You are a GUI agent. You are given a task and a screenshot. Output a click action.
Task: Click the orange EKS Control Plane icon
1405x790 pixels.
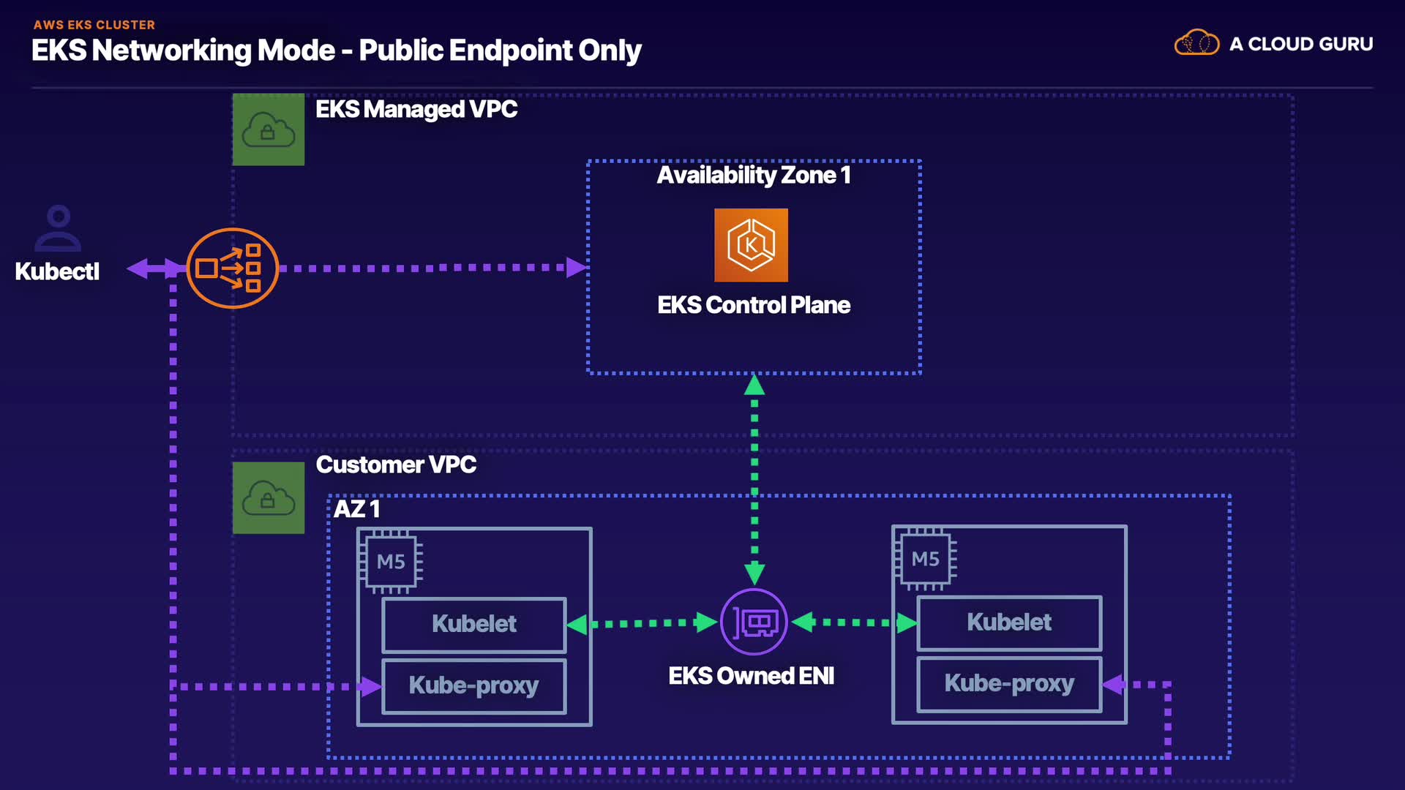751,245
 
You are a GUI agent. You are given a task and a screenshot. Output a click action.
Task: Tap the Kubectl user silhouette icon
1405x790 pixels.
58,228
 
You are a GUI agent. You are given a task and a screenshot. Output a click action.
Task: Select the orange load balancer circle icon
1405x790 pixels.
233,268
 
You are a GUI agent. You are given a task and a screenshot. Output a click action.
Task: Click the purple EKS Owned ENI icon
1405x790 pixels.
754,622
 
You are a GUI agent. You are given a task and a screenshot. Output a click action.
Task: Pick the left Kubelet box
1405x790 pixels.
474,624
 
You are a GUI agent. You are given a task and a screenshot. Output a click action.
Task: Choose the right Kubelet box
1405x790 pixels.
1009,622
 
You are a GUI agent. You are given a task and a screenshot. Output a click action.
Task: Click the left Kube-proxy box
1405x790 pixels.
474,685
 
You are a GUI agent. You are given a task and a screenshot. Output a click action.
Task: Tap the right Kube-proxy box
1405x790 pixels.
1009,684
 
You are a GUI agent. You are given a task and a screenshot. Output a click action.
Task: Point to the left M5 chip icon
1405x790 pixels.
391,562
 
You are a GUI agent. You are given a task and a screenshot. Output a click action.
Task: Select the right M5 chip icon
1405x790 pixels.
925,560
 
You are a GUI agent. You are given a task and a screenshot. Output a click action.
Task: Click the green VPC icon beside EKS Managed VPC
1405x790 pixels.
269,129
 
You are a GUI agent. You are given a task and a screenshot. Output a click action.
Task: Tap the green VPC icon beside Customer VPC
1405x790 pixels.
269,498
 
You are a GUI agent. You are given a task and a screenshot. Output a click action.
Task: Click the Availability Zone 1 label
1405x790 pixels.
754,176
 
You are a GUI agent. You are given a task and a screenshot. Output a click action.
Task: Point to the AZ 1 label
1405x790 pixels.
356,509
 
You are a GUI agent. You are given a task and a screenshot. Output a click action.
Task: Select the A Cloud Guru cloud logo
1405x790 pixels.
1196,43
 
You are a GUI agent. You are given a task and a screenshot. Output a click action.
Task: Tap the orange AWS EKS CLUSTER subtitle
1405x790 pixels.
94,25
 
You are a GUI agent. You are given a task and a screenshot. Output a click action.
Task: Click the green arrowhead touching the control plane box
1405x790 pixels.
754,385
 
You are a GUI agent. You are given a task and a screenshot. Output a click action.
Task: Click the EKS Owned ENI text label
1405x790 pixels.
752,676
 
